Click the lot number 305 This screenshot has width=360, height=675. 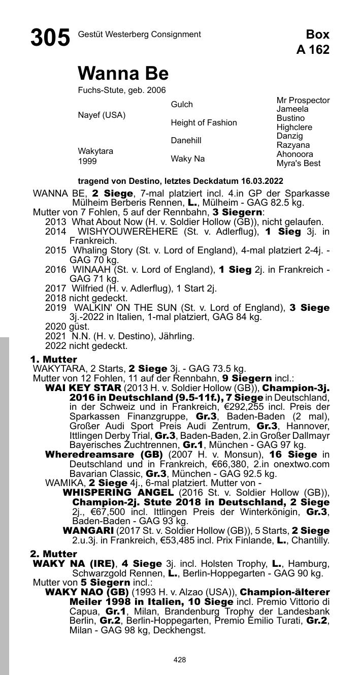tap(50, 38)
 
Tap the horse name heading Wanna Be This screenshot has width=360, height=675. tap(123, 74)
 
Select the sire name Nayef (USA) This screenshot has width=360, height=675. tap(102, 115)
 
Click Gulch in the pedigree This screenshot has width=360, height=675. tap(182, 104)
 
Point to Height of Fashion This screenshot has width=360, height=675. tap(204, 123)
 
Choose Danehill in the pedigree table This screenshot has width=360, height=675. tap(186, 141)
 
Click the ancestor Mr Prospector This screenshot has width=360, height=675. tap(303, 101)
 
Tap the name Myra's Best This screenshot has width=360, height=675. tap(298, 164)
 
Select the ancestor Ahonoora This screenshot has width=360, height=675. tap(294, 154)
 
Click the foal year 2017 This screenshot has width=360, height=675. tap(55, 288)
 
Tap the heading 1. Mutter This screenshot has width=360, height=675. tap(53, 360)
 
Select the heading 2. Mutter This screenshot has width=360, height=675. tap(53, 554)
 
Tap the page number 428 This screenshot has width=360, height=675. tap(180, 660)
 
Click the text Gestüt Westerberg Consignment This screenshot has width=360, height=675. tap(139, 35)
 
